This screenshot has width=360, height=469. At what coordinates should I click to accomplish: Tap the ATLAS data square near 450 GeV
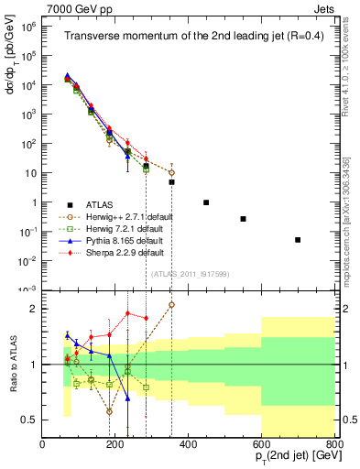206,202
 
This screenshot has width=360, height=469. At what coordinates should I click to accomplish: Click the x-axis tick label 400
188,445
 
